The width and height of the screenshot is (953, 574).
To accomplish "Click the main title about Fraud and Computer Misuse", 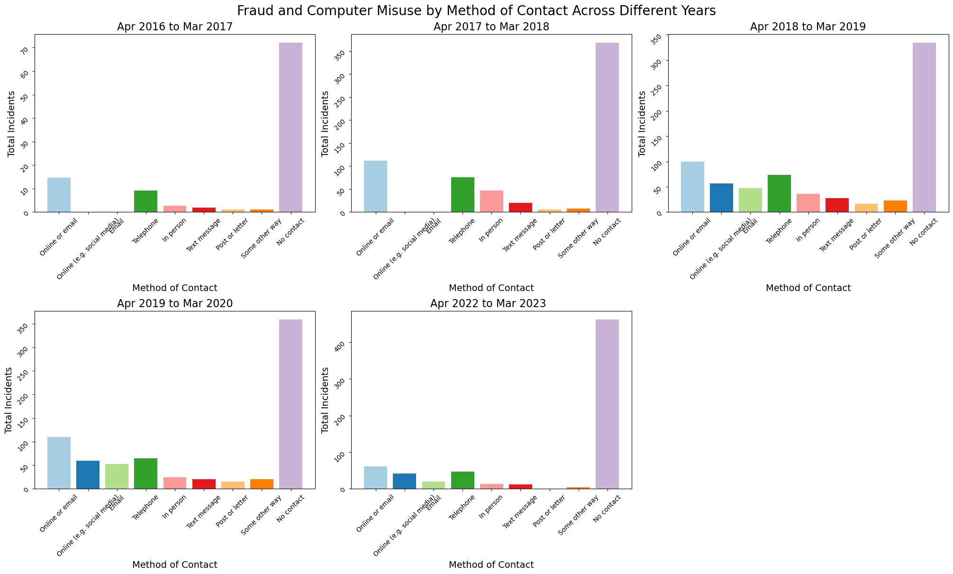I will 476,10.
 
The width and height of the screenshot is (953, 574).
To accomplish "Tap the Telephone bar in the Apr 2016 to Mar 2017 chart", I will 145,201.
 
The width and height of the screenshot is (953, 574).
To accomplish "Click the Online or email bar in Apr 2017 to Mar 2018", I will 375,186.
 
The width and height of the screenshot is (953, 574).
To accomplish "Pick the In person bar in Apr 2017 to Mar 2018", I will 491,201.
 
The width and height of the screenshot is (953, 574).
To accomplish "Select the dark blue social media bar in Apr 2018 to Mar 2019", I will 721,198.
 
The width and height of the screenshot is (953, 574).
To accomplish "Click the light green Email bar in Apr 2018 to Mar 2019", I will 750,200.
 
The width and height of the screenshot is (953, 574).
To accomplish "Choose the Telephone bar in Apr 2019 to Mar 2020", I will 145,473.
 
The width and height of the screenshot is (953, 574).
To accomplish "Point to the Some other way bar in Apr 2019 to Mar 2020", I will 262,483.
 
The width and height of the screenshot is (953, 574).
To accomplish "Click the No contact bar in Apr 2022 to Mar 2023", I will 607,404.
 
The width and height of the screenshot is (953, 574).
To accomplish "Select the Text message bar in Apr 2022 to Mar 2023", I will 520,486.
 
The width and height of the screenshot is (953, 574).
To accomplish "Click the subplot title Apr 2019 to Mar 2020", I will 175,303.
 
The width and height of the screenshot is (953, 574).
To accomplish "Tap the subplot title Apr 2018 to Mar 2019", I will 808,27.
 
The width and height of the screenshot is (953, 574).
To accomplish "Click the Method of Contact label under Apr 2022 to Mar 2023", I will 491,565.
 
